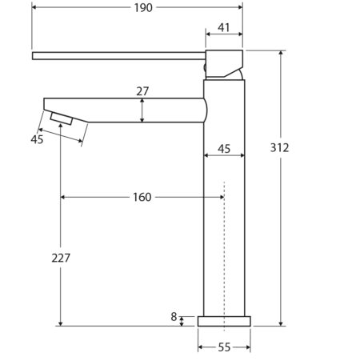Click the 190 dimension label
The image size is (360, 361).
(x=143, y=8)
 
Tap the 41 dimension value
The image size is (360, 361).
(x=223, y=27)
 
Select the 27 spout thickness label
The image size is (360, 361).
(x=142, y=91)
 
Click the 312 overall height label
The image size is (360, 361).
(x=279, y=147)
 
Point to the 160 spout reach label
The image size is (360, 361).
(x=142, y=197)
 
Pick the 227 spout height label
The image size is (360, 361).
(x=61, y=258)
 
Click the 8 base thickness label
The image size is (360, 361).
(x=174, y=317)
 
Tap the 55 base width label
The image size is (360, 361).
(x=224, y=347)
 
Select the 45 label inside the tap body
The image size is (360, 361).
(x=224, y=149)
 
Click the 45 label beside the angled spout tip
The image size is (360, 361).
(x=37, y=139)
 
